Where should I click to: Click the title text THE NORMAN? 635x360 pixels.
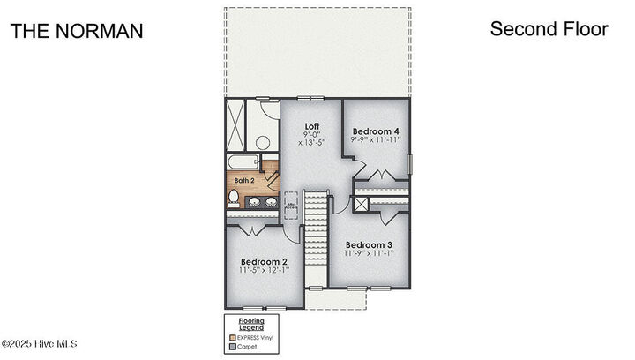[x=76, y=31]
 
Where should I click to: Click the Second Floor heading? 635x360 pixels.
[x=549, y=29]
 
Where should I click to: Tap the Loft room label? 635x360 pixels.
[x=311, y=125]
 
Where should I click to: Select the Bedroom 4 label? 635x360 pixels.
[x=376, y=131]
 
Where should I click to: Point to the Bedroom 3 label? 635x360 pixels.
[x=369, y=244]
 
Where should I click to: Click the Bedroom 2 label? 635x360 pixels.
[x=265, y=262]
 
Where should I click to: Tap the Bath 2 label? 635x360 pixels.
[x=243, y=180]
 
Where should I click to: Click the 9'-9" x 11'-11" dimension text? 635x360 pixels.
[x=376, y=140]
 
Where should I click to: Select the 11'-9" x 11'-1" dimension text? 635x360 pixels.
[x=369, y=253]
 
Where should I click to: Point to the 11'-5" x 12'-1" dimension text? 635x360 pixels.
[x=265, y=271]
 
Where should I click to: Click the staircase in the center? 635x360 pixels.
[x=316, y=238]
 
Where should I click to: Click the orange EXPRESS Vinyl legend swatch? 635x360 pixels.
[x=232, y=337]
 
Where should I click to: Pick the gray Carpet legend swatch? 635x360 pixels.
[x=232, y=347]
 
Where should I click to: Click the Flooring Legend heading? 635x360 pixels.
[x=252, y=324]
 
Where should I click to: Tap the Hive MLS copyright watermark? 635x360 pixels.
[x=41, y=343]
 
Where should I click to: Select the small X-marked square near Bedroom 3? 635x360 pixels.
[x=361, y=203]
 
